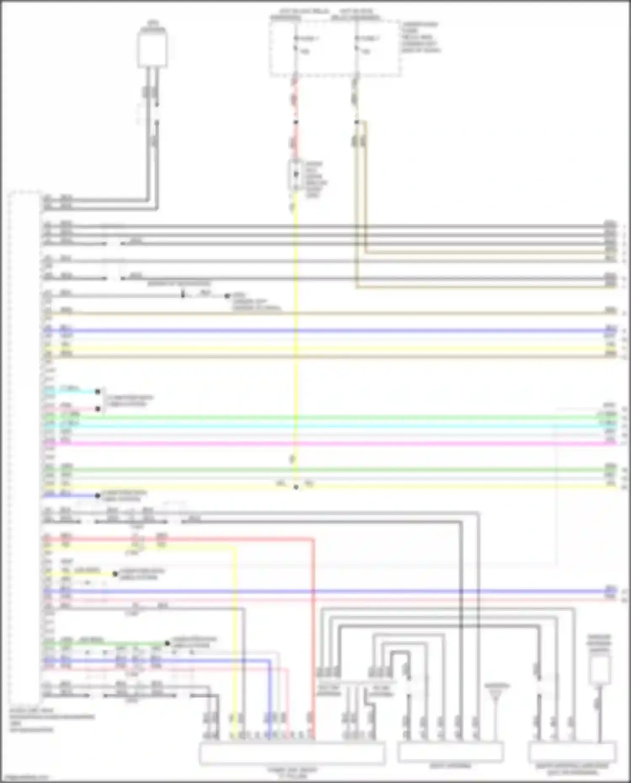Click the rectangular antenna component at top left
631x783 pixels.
pos(152,49)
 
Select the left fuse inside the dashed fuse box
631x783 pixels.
pos(296,44)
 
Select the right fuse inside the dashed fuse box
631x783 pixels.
pos(357,44)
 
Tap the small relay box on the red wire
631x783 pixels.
pos(295,174)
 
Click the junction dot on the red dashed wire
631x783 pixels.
pos(296,122)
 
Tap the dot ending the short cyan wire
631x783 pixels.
pos(98,391)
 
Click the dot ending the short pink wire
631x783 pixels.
pos(98,409)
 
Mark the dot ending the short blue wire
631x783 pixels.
pos(98,496)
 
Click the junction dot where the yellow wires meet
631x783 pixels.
pos(296,487)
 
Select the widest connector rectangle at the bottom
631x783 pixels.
pos(292,754)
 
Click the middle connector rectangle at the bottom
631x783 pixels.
pos(450,752)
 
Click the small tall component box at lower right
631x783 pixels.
pos(599,669)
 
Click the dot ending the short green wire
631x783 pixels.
pos(167,643)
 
